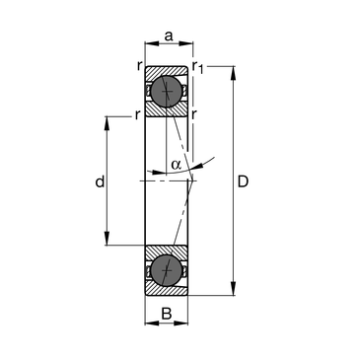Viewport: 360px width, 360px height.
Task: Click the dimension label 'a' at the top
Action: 169,36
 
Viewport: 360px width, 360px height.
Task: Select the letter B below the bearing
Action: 167,314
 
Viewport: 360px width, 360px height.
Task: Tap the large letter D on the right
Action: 243,181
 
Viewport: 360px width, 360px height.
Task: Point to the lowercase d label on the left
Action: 100,181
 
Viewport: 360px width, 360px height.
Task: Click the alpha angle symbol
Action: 177,165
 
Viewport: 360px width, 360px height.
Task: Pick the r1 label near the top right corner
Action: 198,67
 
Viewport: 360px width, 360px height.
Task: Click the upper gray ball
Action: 167,91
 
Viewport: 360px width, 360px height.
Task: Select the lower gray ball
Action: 167,270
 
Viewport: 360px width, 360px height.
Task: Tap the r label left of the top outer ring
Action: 140,66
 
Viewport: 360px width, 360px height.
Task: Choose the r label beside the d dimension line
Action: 138,115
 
